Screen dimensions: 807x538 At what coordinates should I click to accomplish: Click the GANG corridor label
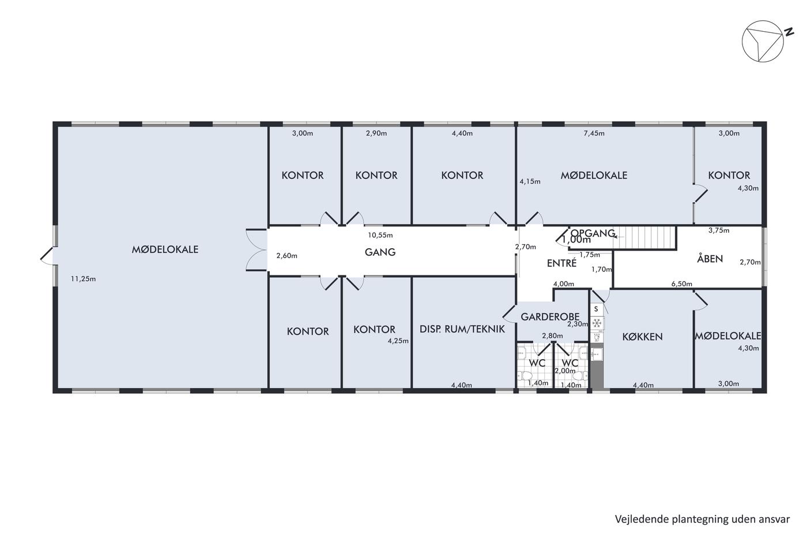[x=380, y=252]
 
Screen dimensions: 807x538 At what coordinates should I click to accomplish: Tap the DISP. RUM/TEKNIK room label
[x=462, y=329]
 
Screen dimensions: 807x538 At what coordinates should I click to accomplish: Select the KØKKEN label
[x=642, y=337]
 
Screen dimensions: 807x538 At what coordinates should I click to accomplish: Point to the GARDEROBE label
[x=550, y=317]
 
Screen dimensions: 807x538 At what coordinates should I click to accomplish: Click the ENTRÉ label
[x=561, y=263]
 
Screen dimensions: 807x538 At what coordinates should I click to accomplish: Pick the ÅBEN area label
[x=710, y=258]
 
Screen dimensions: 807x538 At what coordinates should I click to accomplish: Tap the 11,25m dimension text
[x=83, y=279]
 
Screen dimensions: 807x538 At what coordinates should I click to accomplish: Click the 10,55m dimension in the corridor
[x=380, y=236]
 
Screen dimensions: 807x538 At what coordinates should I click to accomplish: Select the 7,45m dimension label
[x=594, y=133]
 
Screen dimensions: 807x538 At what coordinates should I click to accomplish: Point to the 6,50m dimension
[x=681, y=284]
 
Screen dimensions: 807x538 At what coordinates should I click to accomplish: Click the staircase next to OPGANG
[x=644, y=237]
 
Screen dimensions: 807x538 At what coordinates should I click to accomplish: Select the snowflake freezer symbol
[x=597, y=323]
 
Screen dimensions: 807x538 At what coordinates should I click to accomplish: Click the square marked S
[x=596, y=309]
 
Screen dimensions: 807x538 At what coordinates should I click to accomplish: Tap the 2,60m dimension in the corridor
[x=287, y=256]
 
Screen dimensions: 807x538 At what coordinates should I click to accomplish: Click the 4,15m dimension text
[x=530, y=181]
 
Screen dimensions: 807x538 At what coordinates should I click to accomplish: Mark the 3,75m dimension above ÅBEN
[x=719, y=230]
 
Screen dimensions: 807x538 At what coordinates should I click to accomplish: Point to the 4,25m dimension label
[x=398, y=341]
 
